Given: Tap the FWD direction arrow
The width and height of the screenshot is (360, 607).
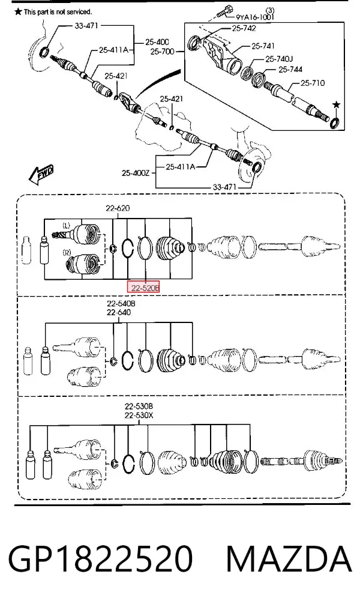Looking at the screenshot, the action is [x=41, y=173].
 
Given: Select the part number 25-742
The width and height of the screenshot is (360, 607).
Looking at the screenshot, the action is [x=244, y=28].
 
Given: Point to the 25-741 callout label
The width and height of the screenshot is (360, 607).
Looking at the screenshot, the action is [x=263, y=46].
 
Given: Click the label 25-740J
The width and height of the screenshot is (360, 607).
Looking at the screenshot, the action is [x=279, y=59].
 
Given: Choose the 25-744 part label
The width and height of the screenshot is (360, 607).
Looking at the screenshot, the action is [x=290, y=70].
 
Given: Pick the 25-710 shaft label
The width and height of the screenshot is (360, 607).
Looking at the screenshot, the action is [x=313, y=83].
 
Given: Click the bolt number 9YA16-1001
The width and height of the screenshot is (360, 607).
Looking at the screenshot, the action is [x=255, y=17].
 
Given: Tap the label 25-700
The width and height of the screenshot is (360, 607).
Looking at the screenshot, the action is [x=163, y=51].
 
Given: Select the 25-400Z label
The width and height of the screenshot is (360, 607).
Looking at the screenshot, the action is [x=136, y=174].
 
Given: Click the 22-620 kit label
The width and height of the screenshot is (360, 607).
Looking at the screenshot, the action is [x=118, y=208].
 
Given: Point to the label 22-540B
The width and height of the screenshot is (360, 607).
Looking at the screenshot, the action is [x=121, y=303].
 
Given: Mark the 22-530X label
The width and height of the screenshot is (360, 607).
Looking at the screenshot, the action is [x=139, y=415].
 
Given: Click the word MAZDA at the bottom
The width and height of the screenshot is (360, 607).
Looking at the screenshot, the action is [x=289, y=559].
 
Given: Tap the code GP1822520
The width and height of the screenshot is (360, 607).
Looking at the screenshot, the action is [x=100, y=559].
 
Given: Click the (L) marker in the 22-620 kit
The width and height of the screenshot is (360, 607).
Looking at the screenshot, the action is [x=67, y=225].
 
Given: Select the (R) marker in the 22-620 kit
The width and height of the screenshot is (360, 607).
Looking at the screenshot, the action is [x=67, y=252].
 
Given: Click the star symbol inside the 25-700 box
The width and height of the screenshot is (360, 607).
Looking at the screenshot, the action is [x=337, y=104].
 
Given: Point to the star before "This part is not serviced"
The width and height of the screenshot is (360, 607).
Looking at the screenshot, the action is [x=18, y=11].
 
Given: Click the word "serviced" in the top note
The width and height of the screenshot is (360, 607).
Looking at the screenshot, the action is [x=79, y=12].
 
